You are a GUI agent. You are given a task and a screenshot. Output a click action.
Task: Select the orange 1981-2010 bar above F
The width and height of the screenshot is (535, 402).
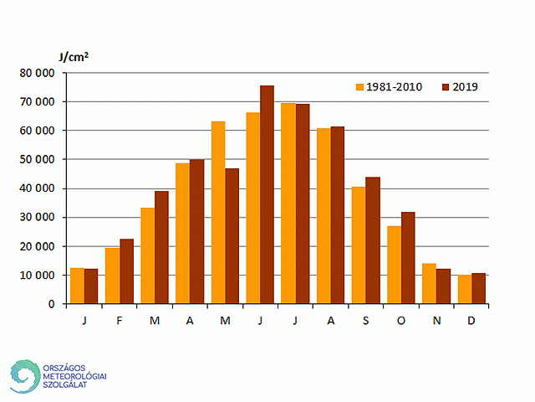click(112, 276)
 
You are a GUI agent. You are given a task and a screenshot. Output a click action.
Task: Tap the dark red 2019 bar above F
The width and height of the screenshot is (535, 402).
click(126, 271)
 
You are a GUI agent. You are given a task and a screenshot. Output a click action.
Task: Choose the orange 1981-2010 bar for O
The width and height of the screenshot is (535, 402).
click(393, 265)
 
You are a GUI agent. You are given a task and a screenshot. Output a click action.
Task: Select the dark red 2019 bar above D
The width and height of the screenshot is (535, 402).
click(478, 288)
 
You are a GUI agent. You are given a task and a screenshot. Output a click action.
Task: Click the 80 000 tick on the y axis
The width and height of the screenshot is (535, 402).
click(38, 73)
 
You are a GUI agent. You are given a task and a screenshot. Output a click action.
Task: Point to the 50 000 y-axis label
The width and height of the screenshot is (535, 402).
click(38, 160)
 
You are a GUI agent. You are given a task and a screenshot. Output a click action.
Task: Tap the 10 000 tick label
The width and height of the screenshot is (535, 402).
click(38, 276)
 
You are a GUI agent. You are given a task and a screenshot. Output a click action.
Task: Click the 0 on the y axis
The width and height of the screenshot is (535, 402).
click(52, 304)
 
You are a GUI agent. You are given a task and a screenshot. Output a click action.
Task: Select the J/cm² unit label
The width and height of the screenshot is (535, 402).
click(74, 57)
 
